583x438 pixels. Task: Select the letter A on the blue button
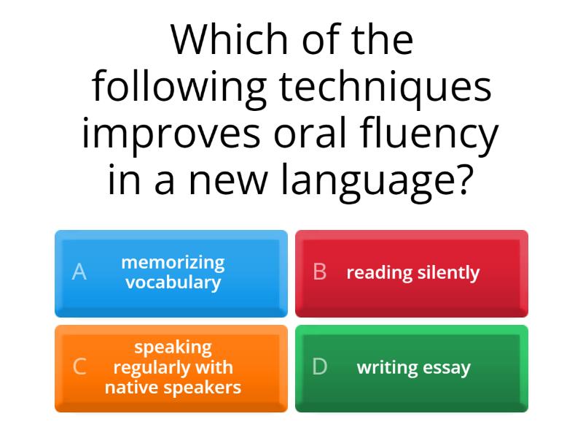79,272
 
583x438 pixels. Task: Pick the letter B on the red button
319,272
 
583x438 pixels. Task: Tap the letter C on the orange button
79,367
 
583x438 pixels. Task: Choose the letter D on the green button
319,367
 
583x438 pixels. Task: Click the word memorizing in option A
173,262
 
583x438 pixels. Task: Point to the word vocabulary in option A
173,283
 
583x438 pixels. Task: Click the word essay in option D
448,368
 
